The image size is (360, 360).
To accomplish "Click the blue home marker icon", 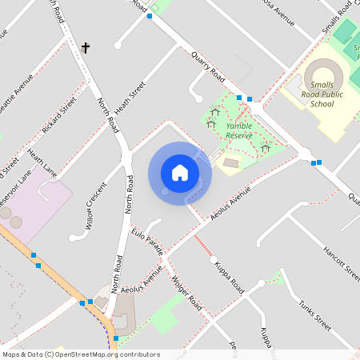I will [x=179, y=173].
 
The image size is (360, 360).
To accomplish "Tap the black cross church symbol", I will [x=86, y=48].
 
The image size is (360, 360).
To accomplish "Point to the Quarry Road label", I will [x=208, y=66].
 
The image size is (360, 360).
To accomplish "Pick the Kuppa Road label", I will [x=229, y=274].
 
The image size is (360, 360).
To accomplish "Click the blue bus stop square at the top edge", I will [x=149, y=16].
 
